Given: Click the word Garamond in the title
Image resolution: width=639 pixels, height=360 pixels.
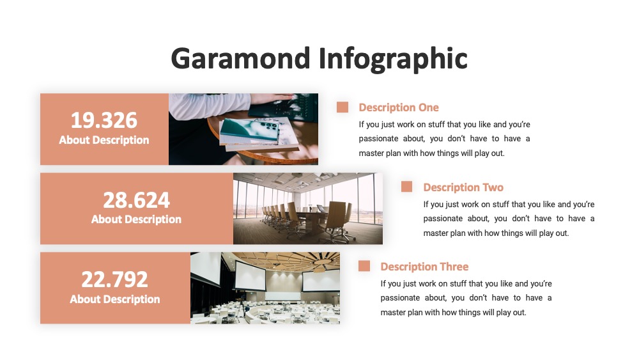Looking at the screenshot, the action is click(241, 58).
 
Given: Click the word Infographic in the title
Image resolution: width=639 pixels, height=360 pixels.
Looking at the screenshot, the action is click(393, 59).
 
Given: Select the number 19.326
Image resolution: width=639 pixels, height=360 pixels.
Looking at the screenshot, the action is click(104, 120).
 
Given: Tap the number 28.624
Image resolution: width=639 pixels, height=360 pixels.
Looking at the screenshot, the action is click(136, 200).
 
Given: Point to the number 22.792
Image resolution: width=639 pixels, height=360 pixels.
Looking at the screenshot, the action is click(114, 279).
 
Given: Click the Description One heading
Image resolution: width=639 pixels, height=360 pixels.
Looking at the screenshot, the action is click(399, 107).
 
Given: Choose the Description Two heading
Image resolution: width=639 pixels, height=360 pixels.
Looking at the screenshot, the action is click(463, 187).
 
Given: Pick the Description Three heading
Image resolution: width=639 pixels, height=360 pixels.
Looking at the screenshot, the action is click(425, 267).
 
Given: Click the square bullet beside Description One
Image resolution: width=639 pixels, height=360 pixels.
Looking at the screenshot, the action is click(343, 107).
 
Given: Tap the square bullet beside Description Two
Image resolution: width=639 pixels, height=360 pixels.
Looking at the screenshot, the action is click(406, 187).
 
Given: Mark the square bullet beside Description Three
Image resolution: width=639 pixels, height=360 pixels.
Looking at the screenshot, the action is click(364, 266).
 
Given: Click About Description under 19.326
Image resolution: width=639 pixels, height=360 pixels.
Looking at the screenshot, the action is click(104, 140).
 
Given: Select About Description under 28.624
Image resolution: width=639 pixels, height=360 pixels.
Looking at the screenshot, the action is click(136, 220).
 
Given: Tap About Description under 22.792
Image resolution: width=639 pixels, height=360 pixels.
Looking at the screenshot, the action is click(114, 299).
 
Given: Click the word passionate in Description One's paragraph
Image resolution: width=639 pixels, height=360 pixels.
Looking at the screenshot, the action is click(378, 139).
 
